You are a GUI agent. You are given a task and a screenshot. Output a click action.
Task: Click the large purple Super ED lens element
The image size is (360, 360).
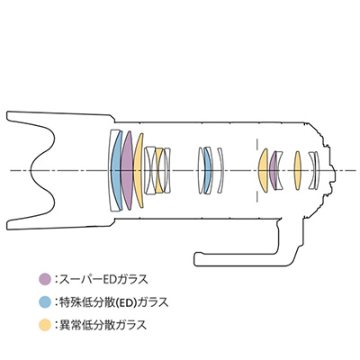coord(127,170)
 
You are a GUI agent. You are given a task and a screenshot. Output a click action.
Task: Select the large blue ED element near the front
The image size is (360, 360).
coord(115,170)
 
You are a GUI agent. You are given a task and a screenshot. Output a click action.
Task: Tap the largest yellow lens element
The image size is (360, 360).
coord(139,170)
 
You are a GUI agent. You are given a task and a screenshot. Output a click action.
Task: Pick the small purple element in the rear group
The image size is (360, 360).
coord(273,170)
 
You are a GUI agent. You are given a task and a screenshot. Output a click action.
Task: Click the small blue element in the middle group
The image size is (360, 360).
coord(208,170)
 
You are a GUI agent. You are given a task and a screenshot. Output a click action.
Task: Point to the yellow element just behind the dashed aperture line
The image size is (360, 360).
coord(263,170)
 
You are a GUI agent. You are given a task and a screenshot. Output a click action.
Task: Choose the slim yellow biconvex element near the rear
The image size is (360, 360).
coord(297,170)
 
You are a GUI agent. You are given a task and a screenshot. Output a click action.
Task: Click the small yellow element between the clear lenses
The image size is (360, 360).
coord(158,170)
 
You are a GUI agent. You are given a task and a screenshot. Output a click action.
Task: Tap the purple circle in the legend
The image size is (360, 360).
coord(45,279)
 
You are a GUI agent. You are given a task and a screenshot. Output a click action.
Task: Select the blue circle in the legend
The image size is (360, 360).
coord(45,302)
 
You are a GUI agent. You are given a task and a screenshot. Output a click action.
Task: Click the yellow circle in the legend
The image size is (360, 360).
coord(45,325)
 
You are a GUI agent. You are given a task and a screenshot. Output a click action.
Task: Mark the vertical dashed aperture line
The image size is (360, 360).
coord(256,170)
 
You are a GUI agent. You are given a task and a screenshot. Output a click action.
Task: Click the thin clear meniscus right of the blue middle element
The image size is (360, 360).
coord(221,170)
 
